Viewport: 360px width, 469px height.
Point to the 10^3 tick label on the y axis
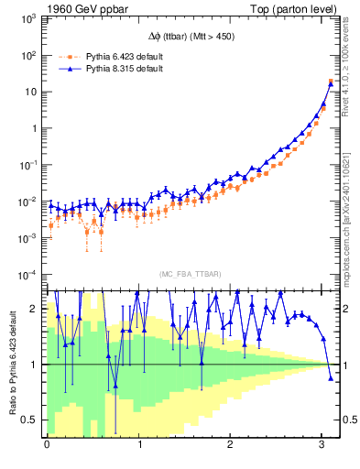pyautogui.click(x=27, y=18)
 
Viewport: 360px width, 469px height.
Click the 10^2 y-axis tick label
pyautogui.click(x=27, y=55)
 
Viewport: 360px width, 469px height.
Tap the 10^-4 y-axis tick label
pyautogui.click(x=27, y=275)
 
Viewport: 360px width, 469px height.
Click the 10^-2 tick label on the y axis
pyautogui.click(x=27, y=202)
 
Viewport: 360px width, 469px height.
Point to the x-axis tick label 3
pyautogui.click(x=323, y=445)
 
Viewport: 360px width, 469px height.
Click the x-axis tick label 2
pyautogui.click(x=231, y=445)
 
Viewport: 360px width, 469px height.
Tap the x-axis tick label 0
pyautogui.click(x=47, y=445)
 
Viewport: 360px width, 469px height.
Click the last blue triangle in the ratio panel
pyautogui.click(x=331, y=377)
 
